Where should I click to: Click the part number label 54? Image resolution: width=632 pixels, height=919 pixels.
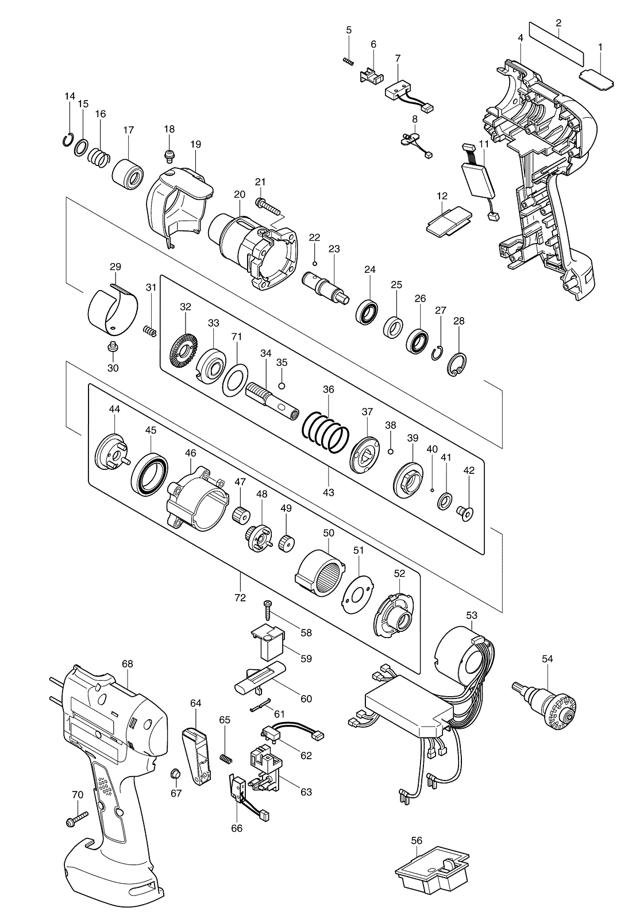(548, 659)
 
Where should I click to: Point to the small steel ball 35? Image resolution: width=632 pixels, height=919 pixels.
(282, 385)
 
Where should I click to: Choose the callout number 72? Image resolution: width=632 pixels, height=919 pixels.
(240, 598)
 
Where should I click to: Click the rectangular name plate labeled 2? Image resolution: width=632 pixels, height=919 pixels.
(557, 44)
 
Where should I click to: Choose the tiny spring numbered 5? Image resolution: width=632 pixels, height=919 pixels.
(348, 61)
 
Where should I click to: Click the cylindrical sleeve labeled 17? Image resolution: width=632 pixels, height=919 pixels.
(128, 174)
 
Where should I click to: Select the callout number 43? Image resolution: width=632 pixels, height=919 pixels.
(328, 492)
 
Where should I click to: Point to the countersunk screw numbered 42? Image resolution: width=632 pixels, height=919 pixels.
(465, 513)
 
